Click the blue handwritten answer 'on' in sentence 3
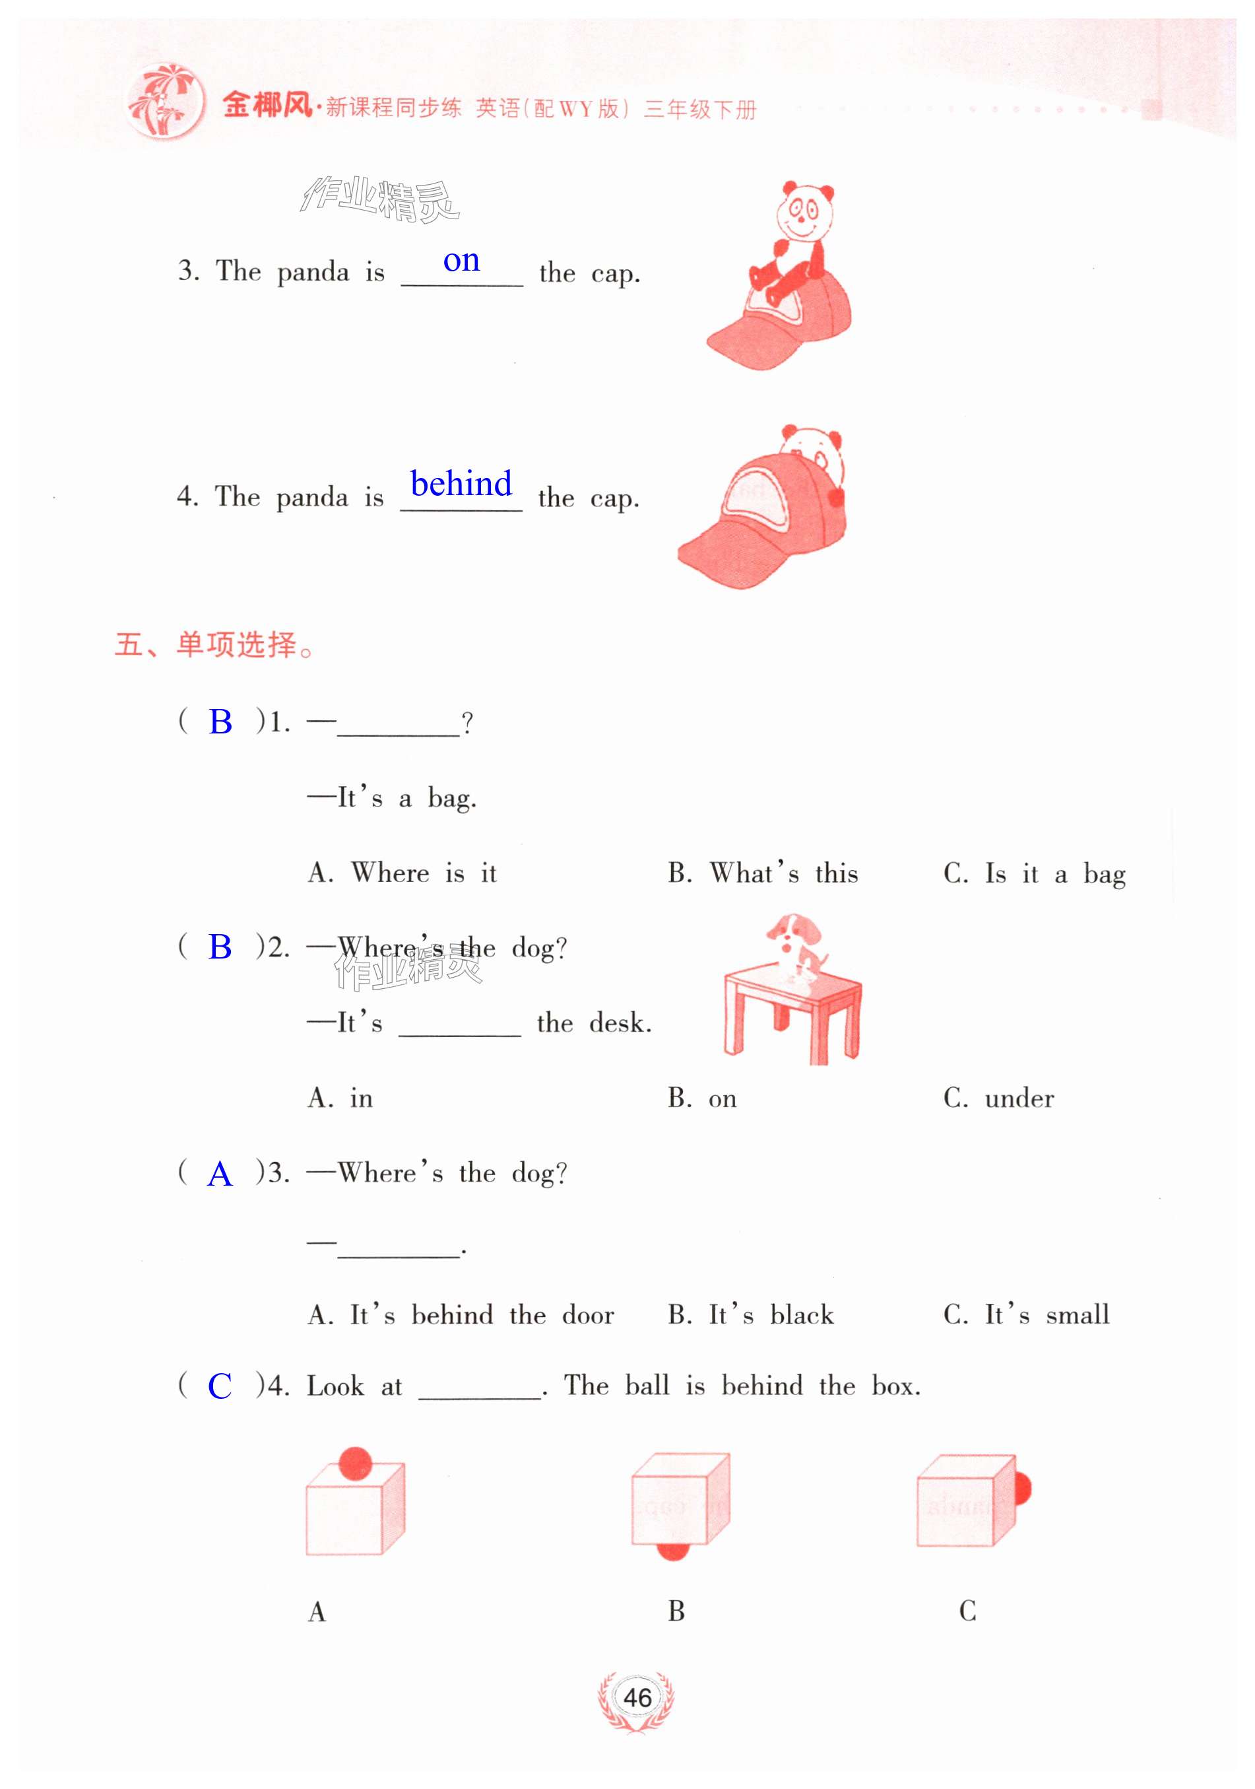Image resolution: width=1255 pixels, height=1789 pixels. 461,261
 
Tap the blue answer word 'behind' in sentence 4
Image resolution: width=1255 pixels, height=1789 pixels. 461,484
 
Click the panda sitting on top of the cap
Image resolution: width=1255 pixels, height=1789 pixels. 795,242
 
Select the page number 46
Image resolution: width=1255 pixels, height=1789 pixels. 637,1697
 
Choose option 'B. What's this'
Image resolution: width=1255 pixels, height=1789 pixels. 762,873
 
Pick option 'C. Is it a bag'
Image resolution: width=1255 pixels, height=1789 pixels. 1033,873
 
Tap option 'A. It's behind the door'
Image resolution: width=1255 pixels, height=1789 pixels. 461,1314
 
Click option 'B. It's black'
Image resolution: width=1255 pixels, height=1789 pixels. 750,1314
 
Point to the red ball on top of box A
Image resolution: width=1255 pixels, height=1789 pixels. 355,1462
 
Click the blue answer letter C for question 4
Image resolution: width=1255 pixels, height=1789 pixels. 220,1386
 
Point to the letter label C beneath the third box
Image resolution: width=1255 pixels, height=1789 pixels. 967,1610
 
